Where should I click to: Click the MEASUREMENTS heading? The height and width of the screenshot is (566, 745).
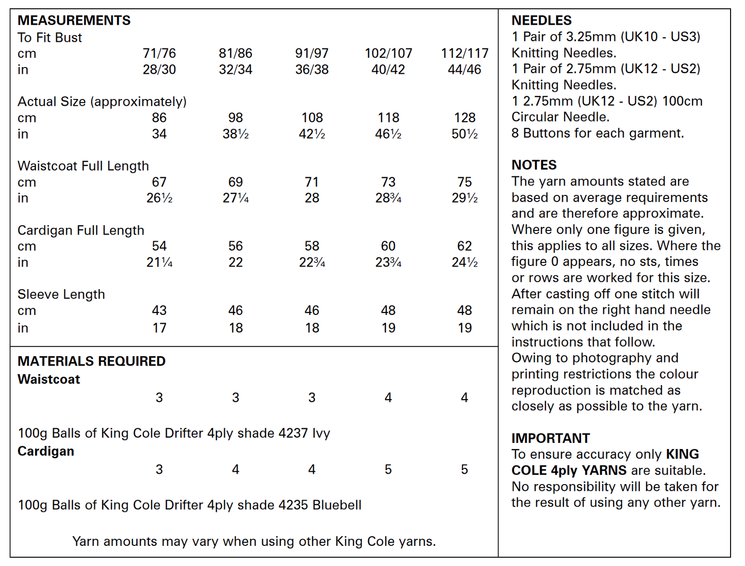pyautogui.click(x=74, y=21)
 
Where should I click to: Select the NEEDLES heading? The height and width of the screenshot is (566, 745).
pyautogui.click(x=541, y=21)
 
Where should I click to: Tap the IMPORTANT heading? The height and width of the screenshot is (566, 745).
pyautogui.click(x=550, y=438)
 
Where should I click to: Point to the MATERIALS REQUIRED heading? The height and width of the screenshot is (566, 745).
pyautogui.click(x=91, y=361)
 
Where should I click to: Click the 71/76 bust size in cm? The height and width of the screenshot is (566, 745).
pyautogui.click(x=159, y=54)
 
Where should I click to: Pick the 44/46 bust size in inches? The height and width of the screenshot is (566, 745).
pyautogui.click(x=464, y=70)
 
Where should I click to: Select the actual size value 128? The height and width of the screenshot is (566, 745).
pyautogui.click(x=464, y=118)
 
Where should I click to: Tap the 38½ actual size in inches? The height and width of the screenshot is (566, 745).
pyautogui.click(x=236, y=134)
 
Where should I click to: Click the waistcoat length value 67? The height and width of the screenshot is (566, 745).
pyautogui.click(x=159, y=182)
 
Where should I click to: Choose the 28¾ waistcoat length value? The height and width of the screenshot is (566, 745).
pyautogui.click(x=388, y=198)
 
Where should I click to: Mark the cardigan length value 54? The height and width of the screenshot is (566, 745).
pyautogui.click(x=159, y=246)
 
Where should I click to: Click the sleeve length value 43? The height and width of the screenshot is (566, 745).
pyautogui.click(x=159, y=311)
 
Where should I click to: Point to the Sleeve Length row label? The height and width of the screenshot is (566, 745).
pyautogui.click(x=61, y=294)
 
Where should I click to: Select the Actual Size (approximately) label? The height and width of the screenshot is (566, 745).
pyautogui.click(x=102, y=102)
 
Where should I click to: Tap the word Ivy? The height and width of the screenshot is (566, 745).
pyautogui.click(x=321, y=434)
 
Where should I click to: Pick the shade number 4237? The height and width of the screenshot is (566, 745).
pyautogui.click(x=293, y=434)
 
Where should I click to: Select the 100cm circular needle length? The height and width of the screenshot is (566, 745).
pyautogui.click(x=682, y=102)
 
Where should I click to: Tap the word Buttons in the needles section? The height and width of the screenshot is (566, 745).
pyautogui.click(x=550, y=134)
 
